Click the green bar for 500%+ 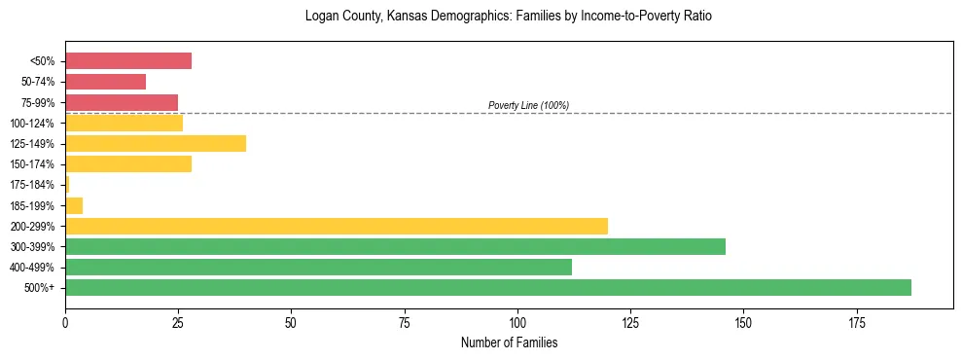(x=487, y=287)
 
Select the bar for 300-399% (x=395, y=246)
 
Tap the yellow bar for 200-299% (x=336, y=226)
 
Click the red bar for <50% (x=128, y=61)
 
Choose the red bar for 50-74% (x=105, y=82)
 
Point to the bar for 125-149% (x=156, y=143)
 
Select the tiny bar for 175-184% (x=67, y=184)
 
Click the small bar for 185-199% (x=74, y=205)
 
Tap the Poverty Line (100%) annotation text (x=528, y=105)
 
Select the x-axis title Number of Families (x=509, y=342)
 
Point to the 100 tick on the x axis (x=517, y=321)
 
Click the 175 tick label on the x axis (x=856, y=321)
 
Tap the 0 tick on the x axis (x=65, y=321)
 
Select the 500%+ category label (x=41, y=288)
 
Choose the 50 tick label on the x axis (x=291, y=321)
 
